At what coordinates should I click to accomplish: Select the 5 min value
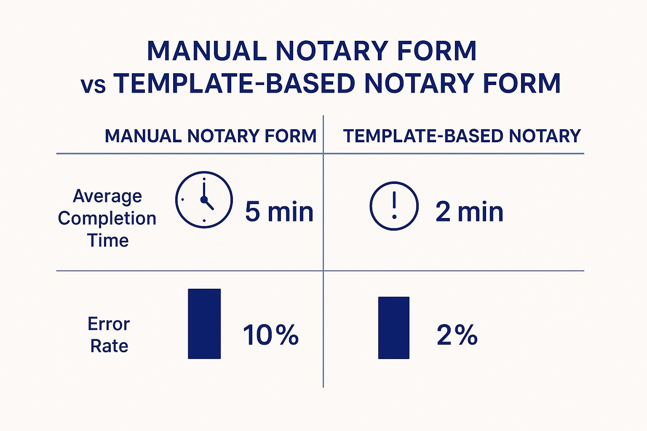(x=279, y=212)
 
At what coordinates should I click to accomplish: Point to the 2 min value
(x=469, y=212)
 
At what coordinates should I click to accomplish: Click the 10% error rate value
(x=271, y=335)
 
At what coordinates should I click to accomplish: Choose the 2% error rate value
(x=457, y=335)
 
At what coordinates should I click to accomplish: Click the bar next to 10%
(x=204, y=324)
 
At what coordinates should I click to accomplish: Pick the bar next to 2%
(x=394, y=327)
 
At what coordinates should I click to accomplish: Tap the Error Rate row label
(x=109, y=335)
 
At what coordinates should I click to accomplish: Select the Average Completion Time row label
(x=107, y=218)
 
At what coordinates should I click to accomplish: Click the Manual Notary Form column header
(x=211, y=136)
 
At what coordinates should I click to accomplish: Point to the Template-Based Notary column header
(x=462, y=136)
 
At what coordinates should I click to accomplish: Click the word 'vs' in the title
(x=93, y=85)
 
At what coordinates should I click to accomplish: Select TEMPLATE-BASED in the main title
(x=234, y=83)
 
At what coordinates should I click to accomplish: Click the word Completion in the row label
(x=107, y=218)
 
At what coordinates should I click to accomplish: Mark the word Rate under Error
(x=109, y=346)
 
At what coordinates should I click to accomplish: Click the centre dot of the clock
(x=204, y=200)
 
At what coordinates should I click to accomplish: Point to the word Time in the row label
(x=108, y=240)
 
